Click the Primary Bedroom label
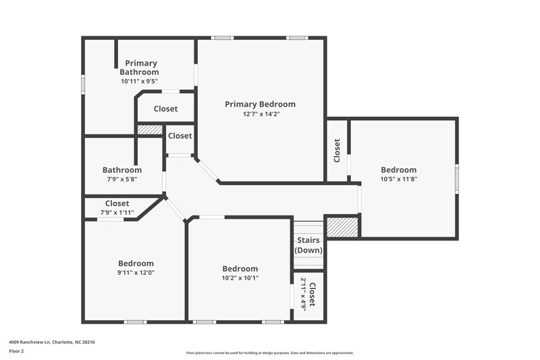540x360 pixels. pos(260,104)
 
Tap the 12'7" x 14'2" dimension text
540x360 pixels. pos(260,114)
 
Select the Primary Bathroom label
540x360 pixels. pos(139,68)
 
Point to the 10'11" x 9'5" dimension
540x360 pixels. pos(139,81)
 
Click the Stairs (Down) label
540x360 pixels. pos(308,245)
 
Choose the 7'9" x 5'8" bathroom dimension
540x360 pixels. pos(122,180)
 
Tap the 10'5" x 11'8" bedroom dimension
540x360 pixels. pos(398,180)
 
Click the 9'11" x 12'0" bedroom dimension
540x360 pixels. pos(136,273)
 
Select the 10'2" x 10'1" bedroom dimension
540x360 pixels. pos(240,278)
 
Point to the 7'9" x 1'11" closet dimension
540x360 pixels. pos(117,213)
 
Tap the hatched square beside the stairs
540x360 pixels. pos(341,226)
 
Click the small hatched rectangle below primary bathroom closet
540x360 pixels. pos(150,129)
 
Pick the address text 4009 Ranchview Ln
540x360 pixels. pos(51,342)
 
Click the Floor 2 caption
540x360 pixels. pos(16,352)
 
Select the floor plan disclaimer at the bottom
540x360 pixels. pos(269,353)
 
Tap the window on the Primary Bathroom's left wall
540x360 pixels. pos(83,82)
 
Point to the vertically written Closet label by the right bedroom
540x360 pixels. pos(337,150)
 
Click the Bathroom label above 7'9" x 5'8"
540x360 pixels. pos(122,170)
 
